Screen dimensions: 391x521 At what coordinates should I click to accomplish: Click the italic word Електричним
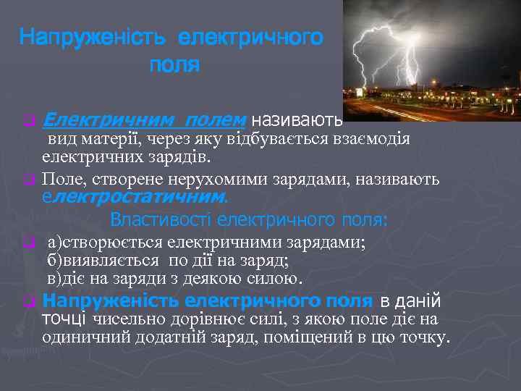tap(109, 118)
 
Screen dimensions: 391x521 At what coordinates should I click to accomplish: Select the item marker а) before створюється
tap(55, 242)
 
